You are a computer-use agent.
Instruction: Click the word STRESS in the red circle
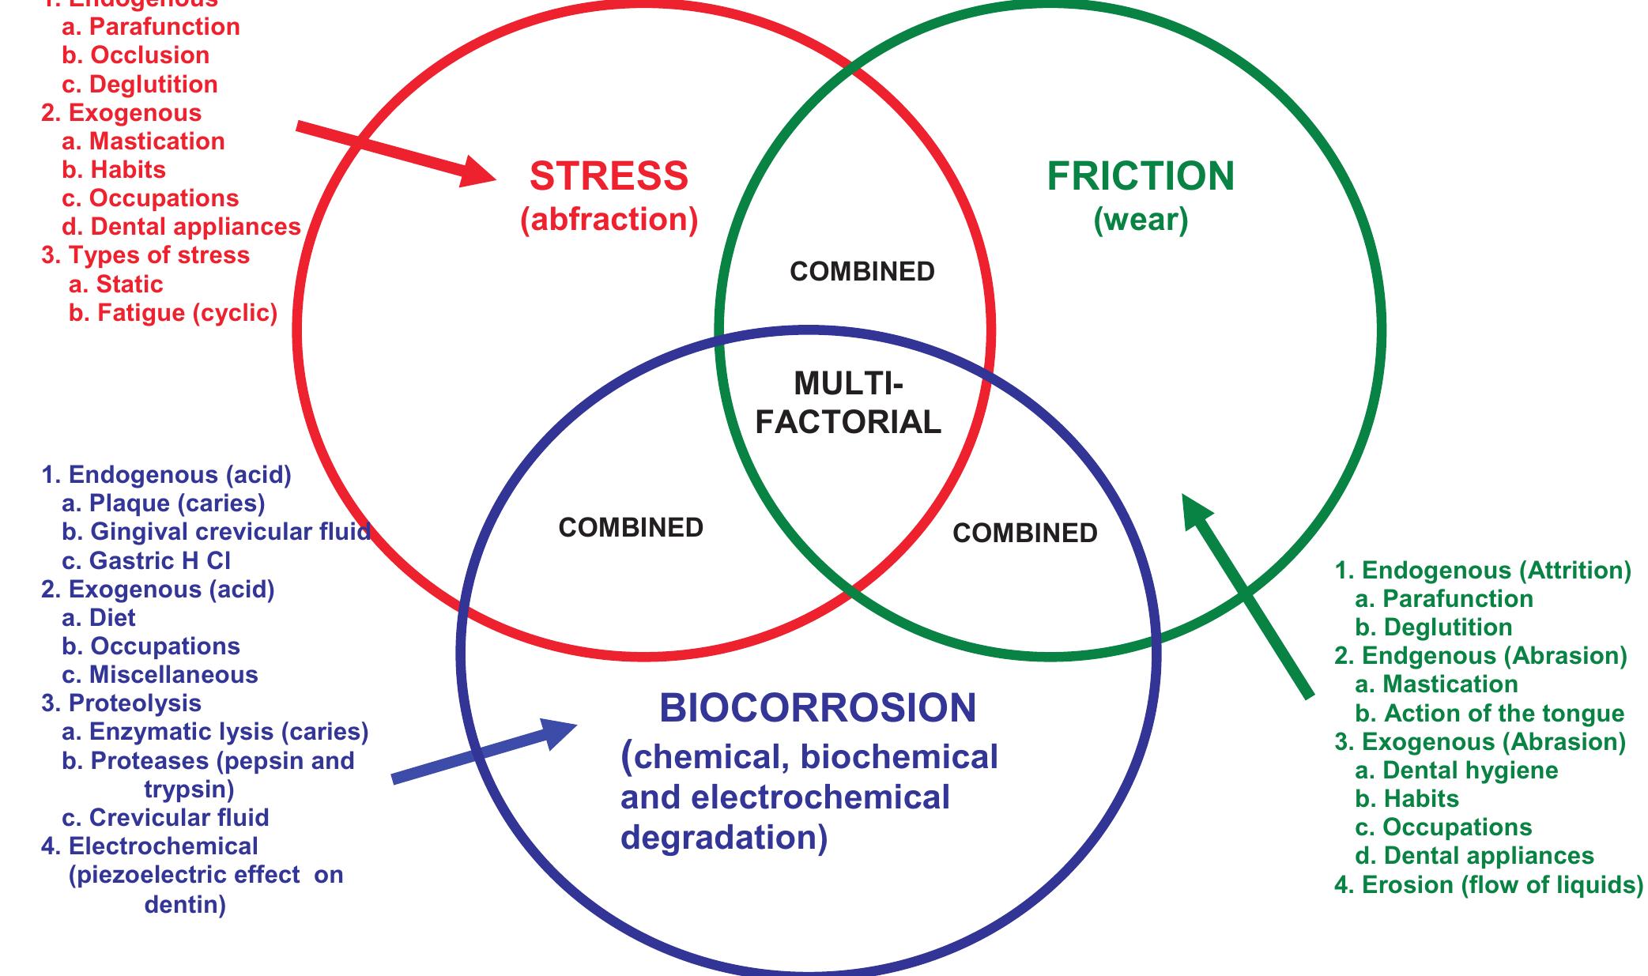pos(609,176)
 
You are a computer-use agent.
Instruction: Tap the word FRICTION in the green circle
pos(1140,176)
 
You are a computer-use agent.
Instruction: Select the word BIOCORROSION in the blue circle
pos(817,708)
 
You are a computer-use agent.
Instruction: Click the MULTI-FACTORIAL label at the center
pos(848,403)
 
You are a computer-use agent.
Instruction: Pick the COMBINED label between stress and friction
pos(862,272)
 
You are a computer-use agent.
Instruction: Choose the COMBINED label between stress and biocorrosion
pos(631,528)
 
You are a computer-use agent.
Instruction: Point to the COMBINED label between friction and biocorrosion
pos(1024,533)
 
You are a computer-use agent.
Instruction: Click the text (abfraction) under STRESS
pos(609,220)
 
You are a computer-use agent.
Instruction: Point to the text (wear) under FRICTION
pos(1140,220)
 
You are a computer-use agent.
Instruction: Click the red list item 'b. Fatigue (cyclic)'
pos(172,313)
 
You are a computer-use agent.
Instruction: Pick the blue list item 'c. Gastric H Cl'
pos(146,561)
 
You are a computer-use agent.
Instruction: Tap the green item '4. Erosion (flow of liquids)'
pos(1488,884)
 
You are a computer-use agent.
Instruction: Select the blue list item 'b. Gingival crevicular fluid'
pos(216,532)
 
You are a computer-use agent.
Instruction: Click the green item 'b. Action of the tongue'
pos(1489,714)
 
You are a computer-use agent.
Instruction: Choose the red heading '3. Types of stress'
pos(145,255)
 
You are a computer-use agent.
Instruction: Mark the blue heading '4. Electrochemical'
pos(149,846)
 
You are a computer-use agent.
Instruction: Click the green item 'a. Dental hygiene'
pos(1456,771)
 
